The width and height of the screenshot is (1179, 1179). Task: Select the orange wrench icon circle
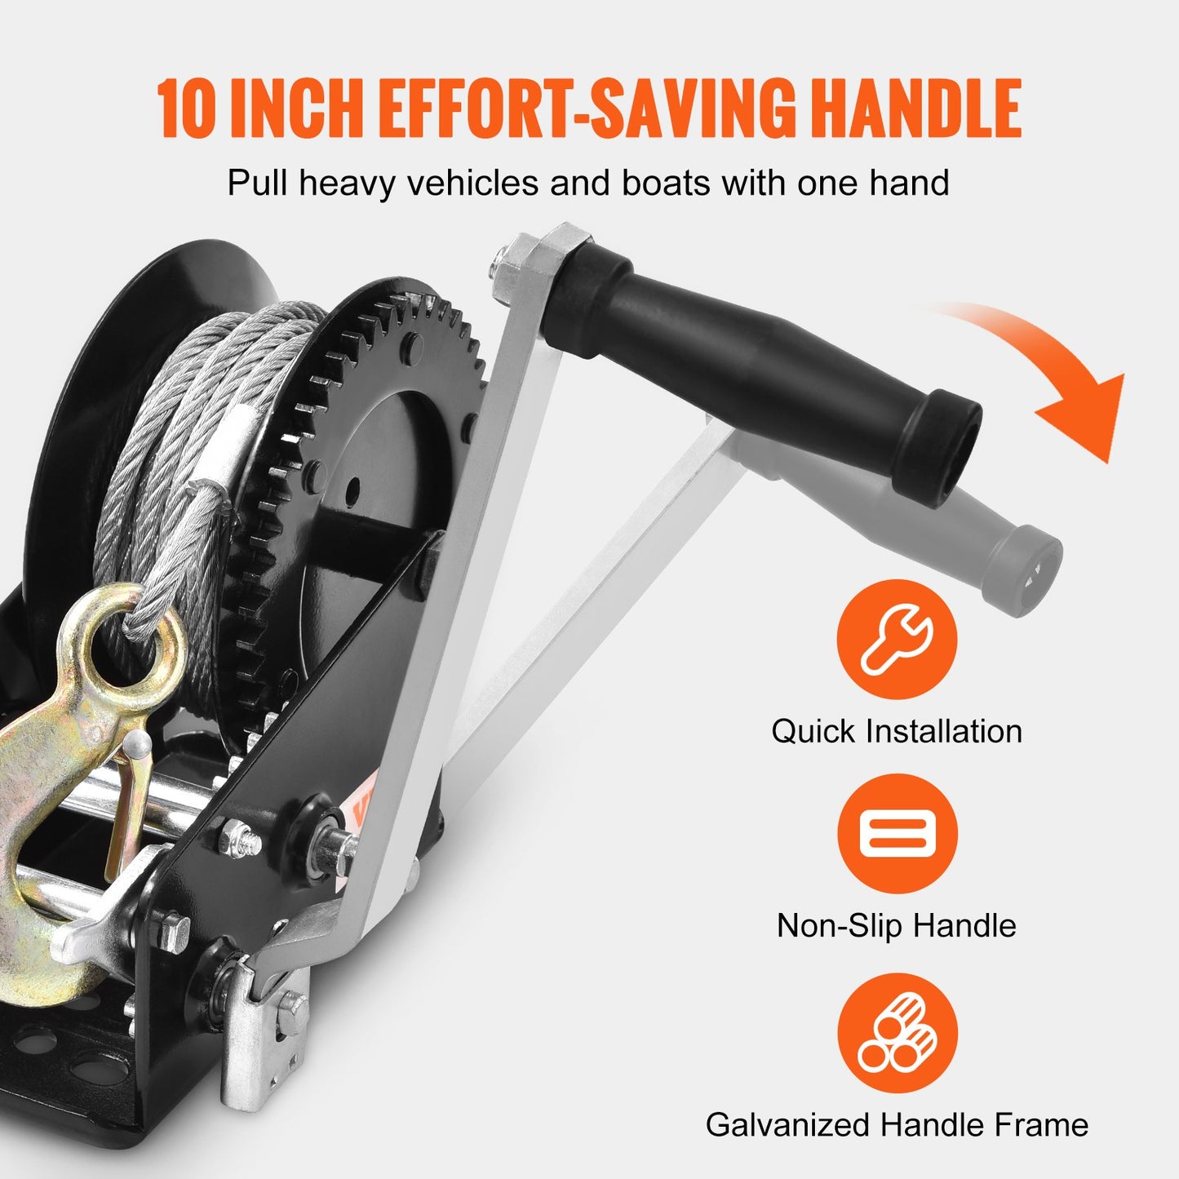click(897, 640)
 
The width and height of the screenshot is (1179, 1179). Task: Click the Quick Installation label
click(897, 731)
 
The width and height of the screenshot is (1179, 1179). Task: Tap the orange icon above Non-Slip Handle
click(897, 833)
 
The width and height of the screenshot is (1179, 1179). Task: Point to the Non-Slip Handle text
click(897, 925)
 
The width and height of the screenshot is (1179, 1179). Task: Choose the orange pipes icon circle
click(897, 1034)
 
